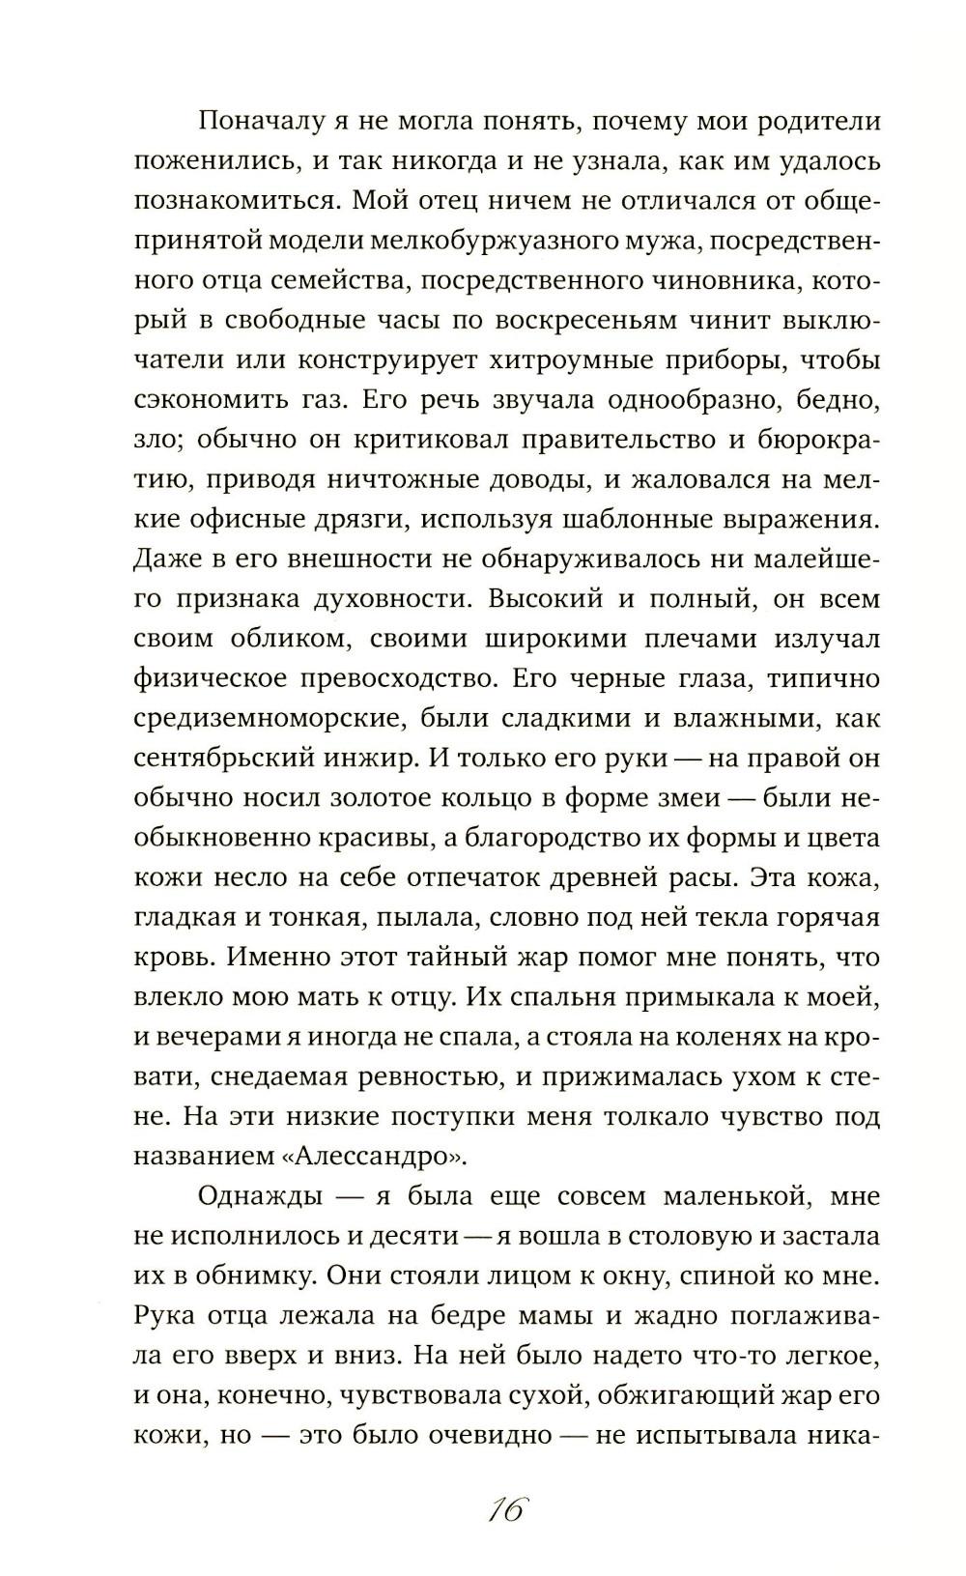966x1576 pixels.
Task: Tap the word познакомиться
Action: point(235,201)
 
